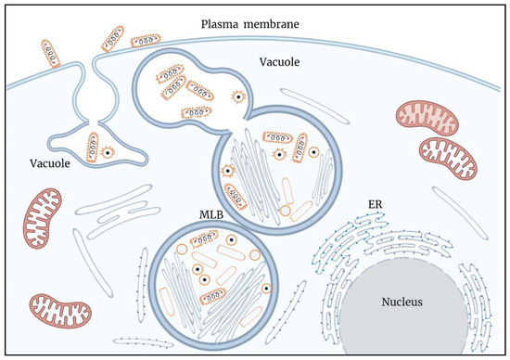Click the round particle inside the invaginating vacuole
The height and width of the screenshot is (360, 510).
coord(109,153)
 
